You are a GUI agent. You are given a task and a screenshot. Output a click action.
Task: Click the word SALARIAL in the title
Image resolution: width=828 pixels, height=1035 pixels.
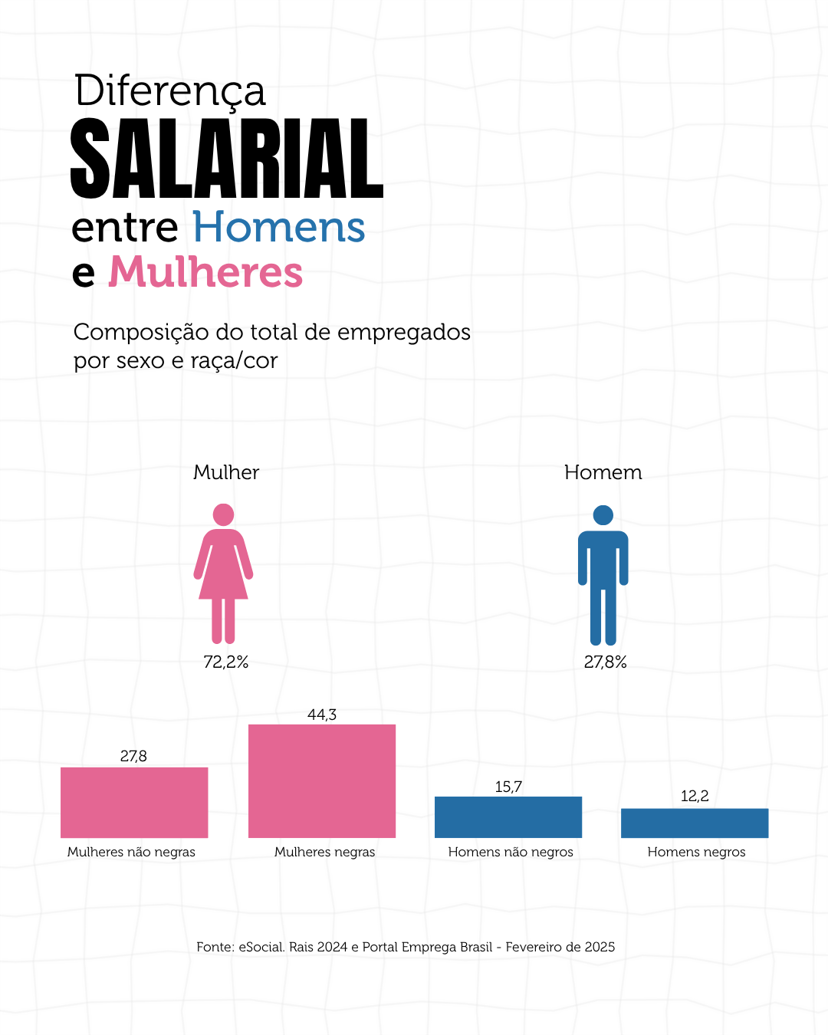pos(227,159)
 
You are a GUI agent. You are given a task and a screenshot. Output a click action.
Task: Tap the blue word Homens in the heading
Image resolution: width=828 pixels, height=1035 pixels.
pos(278,228)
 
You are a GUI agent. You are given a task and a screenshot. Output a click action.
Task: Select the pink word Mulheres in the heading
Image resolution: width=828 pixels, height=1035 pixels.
pos(205,272)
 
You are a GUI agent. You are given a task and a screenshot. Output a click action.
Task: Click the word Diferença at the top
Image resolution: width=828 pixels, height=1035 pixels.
pos(170,91)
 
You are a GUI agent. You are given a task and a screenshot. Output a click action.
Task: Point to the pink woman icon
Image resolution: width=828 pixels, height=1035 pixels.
pos(223,573)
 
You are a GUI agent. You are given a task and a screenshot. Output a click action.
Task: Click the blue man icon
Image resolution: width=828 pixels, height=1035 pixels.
pos(603,575)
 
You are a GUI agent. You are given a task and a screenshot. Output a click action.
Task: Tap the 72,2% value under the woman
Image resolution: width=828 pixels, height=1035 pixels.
pos(226,662)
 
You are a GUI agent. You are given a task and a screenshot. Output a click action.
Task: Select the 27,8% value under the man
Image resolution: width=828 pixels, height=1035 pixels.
pos(606,662)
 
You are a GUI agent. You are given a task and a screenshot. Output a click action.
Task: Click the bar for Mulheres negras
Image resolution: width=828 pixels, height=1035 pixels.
pos(322,780)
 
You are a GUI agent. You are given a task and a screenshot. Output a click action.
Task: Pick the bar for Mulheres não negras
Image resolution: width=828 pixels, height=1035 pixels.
pos(134,802)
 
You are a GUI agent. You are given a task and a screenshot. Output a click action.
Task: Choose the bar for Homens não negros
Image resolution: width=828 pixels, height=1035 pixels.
pos(508,816)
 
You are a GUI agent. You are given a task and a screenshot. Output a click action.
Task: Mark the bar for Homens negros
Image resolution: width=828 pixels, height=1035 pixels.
pos(695,823)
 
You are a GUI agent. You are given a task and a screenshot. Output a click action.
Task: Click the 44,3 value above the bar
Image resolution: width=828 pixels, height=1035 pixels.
pos(322,715)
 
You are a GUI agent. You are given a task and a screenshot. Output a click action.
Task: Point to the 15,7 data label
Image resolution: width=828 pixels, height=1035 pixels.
pos(508,787)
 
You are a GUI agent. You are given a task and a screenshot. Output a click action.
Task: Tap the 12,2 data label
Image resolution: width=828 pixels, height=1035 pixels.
pos(695,796)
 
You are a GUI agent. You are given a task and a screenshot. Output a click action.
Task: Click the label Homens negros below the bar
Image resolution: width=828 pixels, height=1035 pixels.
pos(696,852)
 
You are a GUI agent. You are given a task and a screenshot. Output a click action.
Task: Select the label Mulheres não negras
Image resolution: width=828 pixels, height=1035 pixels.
pos(131,852)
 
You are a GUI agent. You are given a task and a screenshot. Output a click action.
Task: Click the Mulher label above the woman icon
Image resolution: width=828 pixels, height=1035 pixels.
pos(226,472)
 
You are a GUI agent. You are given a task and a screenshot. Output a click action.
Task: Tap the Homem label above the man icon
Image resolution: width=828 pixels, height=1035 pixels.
pos(603,472)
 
